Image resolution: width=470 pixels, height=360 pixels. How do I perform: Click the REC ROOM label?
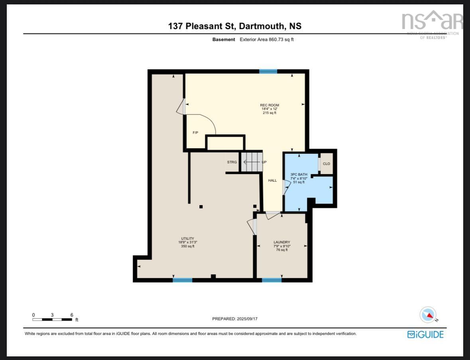270,105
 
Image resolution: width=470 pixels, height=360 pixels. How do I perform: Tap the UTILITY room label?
187,239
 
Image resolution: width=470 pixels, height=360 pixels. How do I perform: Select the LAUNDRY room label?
281,242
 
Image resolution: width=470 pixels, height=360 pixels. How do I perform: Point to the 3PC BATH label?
299,174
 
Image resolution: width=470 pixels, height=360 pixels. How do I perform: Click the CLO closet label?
326,164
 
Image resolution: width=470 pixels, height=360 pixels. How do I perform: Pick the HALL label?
272,180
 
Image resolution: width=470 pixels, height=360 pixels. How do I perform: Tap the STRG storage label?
232,162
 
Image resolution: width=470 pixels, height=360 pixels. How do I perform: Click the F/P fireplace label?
195,133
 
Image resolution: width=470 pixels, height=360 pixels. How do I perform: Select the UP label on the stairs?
264,162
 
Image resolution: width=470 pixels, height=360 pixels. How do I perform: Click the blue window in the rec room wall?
268,72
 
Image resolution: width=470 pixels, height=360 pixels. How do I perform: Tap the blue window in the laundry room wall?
271,280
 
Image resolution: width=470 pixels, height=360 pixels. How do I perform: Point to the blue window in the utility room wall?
182,280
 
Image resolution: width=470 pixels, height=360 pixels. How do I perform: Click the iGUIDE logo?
425,335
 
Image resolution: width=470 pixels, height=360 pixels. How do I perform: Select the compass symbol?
428,315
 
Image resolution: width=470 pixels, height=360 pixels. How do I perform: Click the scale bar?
52,319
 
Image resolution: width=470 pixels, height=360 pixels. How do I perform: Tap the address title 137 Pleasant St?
235,26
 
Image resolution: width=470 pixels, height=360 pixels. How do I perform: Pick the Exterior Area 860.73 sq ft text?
267,39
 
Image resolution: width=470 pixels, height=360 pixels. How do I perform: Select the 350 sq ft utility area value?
187,246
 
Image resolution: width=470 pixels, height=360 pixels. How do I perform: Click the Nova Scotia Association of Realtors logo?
432,24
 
